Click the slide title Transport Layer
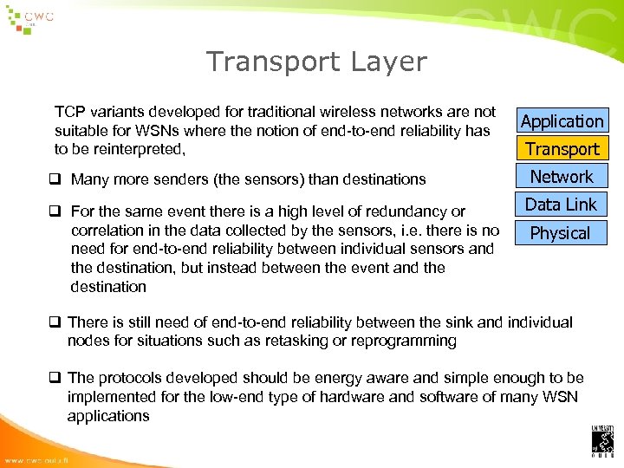pyautogui.click(x=316, y=62)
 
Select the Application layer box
pyautogui.click(x=562, y=121)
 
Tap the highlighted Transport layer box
pyautogui.click(x=562, y=149)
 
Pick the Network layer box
pyautogui.click(x=562, y=177)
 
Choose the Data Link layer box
pyautogui.click(x=562, y=205)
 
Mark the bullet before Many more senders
pyautogui.click(x=58, y=179)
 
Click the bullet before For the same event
pyautogui.click(x=58, y=211)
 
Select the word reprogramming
pyautogui.click(x=406, y=341)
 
